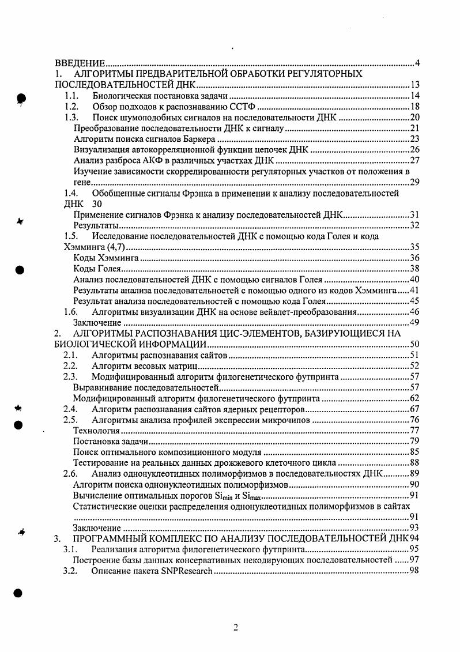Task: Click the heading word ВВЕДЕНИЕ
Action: [x=80, y=63]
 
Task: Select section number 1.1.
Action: [x=71, y=96]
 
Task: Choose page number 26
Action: [x=414, y=150]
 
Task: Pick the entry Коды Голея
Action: [x=96, y=269]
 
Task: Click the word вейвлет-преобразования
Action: [x=305, y=312]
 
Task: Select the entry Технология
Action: [x=97, y=431]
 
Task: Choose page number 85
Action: [x=414, y=452]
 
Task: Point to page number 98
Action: [x=414, y=571]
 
